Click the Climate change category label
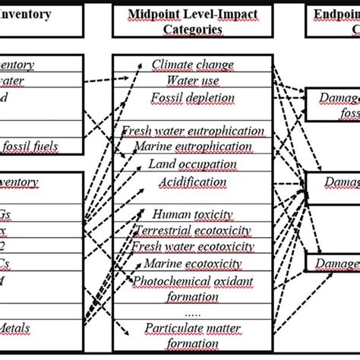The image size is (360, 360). (x=193, y=65)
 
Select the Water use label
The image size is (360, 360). (x=193, y=81)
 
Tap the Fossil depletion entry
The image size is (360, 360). (x=193, y=96)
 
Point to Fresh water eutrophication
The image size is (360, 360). (x=193, y=131)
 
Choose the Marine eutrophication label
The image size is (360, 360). (x=193, y=147)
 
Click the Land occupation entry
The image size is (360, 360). (x=193, y=164)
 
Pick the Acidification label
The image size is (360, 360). (x=193, y=182)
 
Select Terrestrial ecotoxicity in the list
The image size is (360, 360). (x=193, y=230)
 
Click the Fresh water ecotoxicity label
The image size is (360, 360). (x=193, y=247)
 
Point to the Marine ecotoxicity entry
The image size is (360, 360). (x=193, y=264)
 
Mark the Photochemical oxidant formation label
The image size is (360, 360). (x=193, y=289)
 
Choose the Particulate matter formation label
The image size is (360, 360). (x=193, y=334)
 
